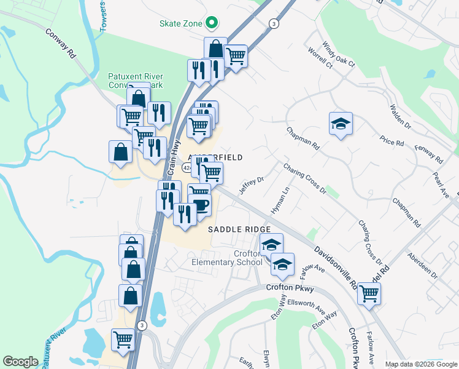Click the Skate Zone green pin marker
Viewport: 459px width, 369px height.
point(212,23)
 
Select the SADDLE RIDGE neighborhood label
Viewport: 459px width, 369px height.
point(239,229)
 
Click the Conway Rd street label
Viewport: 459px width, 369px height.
point(61,42)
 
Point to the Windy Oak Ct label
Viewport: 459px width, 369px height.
point(339,55)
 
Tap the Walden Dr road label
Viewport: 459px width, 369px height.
point(399,116)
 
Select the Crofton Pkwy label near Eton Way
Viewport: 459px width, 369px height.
point(290,288)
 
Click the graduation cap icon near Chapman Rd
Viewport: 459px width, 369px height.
point(341,124)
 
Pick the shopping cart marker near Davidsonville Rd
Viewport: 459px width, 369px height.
point(369,293)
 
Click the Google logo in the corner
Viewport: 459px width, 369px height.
point(20,362)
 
